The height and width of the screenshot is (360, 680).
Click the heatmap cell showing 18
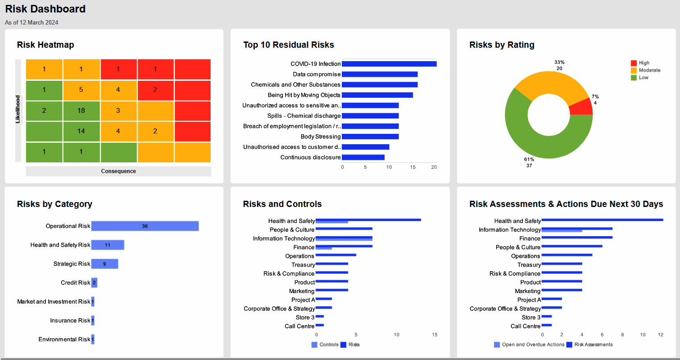click(81, 111)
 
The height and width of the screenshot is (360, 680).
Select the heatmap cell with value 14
click(81, 131)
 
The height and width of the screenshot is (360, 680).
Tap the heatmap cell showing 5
click(81, 90)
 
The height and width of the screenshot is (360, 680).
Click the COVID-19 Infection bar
click(389, 64)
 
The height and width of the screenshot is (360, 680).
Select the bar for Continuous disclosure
click(363, 157)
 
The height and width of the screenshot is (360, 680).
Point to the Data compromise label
click(317, 74)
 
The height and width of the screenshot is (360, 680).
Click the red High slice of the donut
click(582, 107)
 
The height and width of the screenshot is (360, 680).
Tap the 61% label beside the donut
click(529, 159)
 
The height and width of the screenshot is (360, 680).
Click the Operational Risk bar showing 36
click(145, 226)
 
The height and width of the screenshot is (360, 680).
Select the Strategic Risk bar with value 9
click(105, 264)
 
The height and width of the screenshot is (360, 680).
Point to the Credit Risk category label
click(75, 283)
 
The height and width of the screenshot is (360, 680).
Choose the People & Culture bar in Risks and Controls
click(344, 228)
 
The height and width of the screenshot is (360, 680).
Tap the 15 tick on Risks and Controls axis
click(435, 335)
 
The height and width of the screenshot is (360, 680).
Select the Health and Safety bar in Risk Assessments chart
click(602, 220)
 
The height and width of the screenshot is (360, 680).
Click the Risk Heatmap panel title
click(46, 45)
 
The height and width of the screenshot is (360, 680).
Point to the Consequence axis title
click(118, 171)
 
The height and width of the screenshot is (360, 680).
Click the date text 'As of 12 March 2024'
click(32, 22)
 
